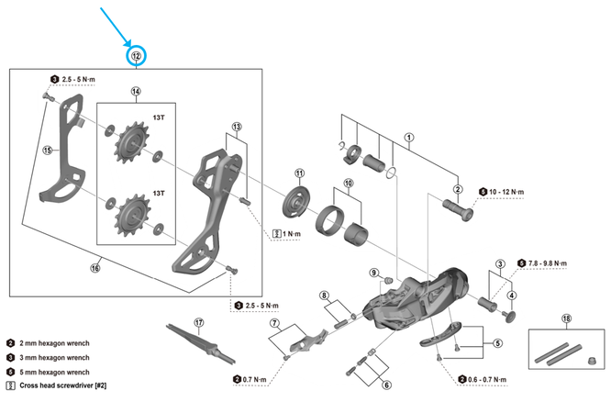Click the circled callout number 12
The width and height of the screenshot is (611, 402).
pyautogui.click(x=136, y=57)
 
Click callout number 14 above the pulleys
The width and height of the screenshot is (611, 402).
pyautogui.click(x=136, y=92)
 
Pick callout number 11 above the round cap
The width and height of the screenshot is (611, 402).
pyautogui.click(x=299, y=173)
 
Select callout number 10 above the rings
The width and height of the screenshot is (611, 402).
pyautogui.click(x=348, y=184)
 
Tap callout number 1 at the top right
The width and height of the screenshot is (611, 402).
pyautogui.click(x=409, y=139)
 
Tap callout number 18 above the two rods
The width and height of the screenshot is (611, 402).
pyautogui.click(x=567, y=318)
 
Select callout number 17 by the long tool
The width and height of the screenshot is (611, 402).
pyautogui.click(x=199, y=323)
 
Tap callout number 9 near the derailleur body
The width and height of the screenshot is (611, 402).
pyautogui.click(x=374, y=273)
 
